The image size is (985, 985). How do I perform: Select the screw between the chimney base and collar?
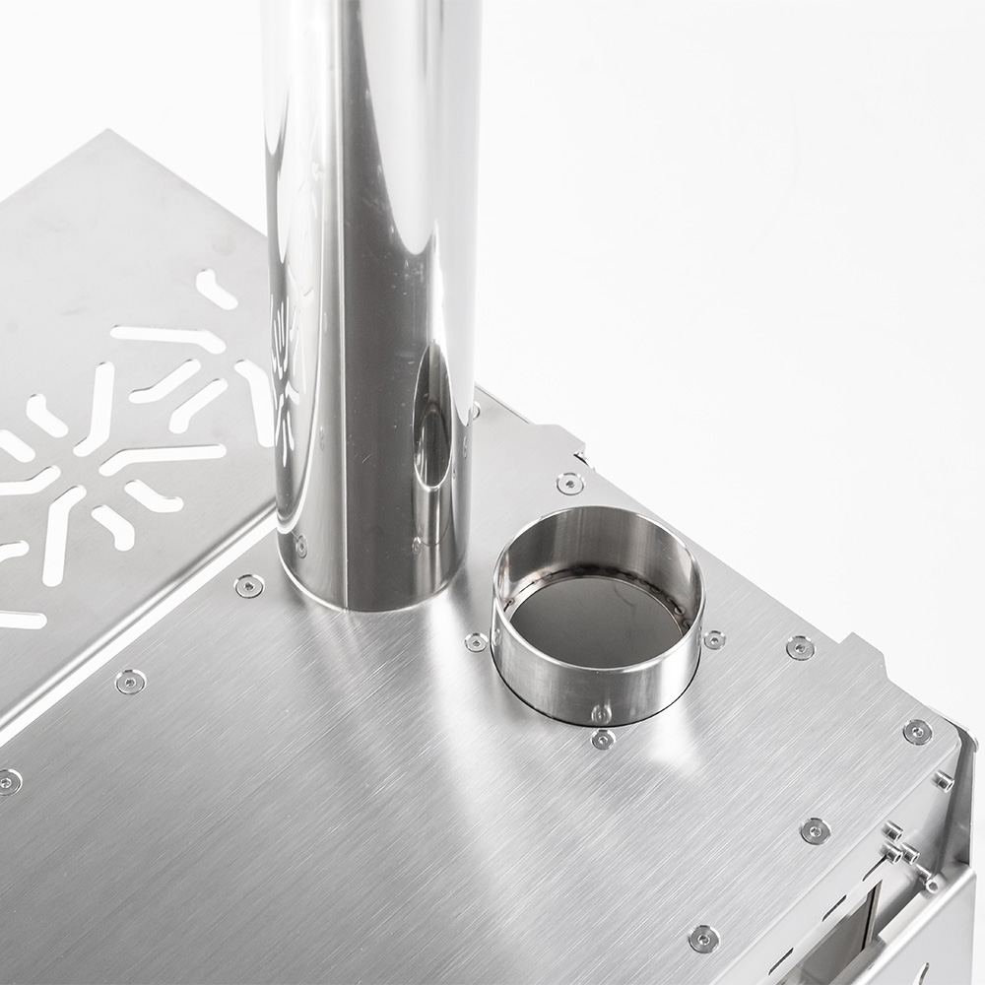[x=477, y=642]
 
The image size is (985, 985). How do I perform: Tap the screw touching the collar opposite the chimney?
[x=714, y=639]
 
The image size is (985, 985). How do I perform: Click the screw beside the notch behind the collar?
[x=569, y=483]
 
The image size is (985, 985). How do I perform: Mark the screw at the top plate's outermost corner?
[x=917, y=731]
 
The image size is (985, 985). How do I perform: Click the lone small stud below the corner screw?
[x=943, y=781]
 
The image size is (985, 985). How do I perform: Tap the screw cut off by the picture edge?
[x=8, y=782]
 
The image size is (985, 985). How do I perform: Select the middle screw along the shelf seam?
[x=130, y=681]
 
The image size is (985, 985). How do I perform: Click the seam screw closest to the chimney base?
[x=249, y=586]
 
